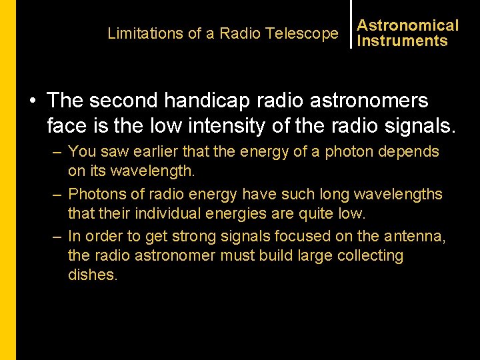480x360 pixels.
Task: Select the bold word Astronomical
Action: (408, 25)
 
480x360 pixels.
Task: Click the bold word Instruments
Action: (402, 41)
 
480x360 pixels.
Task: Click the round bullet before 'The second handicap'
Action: (33, 101)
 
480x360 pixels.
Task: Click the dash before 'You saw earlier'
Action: (58, 152)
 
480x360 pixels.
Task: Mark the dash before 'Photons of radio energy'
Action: (58, 195)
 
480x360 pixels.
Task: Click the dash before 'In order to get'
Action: (58, 237)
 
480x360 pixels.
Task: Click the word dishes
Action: (92, 275)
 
